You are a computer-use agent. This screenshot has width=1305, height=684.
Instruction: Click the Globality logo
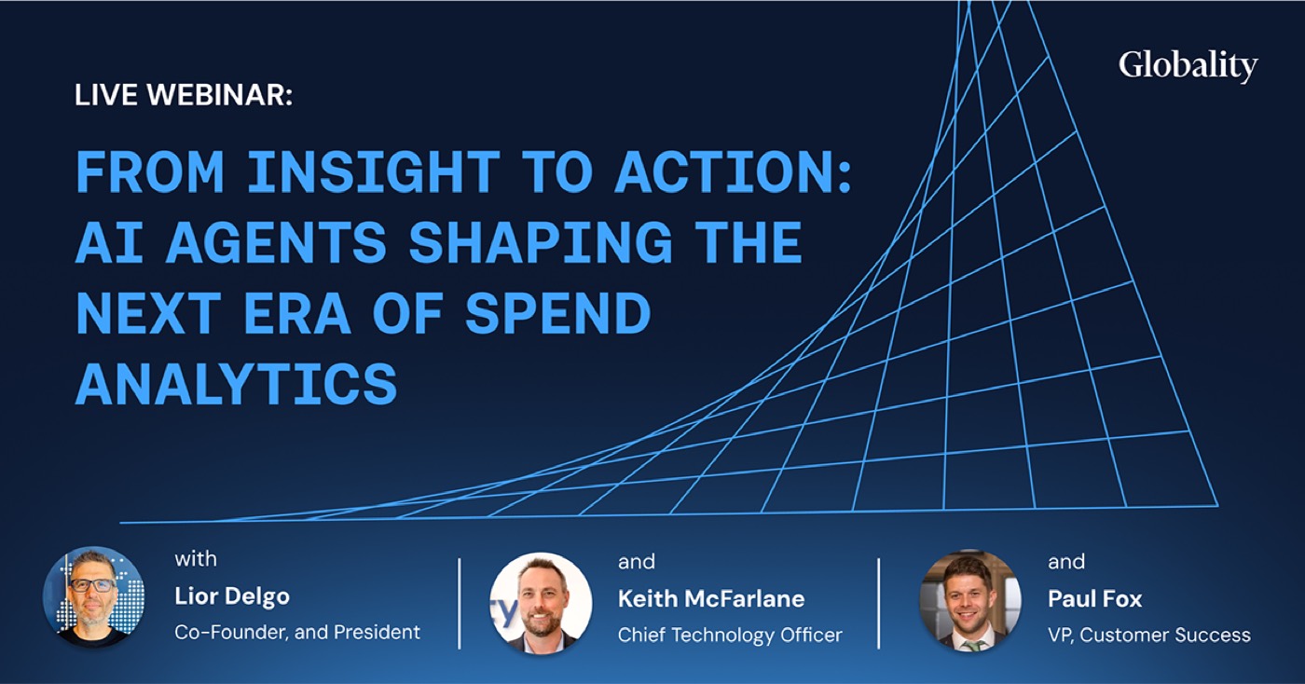(x=1188, y=66)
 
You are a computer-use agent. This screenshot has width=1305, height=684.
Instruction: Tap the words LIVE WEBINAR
(x=184, y=95)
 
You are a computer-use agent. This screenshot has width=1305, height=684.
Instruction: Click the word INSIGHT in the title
(x=374, y=171)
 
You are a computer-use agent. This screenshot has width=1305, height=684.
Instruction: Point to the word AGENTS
(x=276, y=242)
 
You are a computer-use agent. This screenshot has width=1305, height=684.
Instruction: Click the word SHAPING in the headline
(x=541, y=242)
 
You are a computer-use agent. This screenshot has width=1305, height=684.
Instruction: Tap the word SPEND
(x=558, y=313)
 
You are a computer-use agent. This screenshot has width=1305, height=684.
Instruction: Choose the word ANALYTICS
(x=237, y=383)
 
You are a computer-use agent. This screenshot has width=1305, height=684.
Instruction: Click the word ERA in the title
(x=297, y=313)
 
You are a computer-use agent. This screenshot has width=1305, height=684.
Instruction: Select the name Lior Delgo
(x=232, y=596)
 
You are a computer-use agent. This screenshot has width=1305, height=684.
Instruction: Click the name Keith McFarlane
(x=711, y=599)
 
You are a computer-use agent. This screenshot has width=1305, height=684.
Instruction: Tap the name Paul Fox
(x=1095, y=599)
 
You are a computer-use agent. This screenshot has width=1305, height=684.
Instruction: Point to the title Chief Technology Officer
(x=730, y=635)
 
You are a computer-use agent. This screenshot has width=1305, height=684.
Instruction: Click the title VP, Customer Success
(x=1149, y=635)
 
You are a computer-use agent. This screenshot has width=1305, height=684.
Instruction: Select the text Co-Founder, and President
(x=297, y=632)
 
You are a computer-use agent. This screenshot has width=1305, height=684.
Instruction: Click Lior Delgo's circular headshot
(x=94, y=597)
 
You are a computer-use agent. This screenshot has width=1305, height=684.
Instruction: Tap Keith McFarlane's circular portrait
(x=541, y=602)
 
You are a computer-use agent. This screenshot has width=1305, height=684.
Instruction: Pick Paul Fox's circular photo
(x=970, y=601)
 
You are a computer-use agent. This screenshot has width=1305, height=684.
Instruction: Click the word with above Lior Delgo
(x=196, y=559)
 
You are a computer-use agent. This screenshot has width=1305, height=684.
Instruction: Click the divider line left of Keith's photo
(x=460, y=604)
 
